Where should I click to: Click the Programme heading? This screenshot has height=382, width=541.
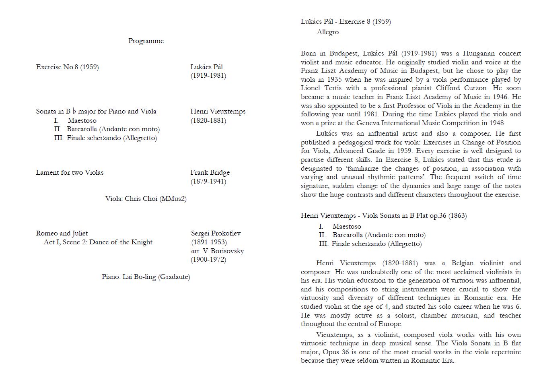pos(146,41)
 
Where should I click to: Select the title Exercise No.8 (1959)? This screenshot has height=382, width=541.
pos(67,67)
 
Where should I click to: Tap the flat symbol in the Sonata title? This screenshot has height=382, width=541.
pos(74,112)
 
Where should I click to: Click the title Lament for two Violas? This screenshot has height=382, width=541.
pos(70,172)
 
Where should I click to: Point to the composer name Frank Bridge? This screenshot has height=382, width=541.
pos(210,172)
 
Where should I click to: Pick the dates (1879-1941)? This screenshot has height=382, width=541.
pos(208,181)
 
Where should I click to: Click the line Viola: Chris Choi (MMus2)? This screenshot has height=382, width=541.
pos(146,198)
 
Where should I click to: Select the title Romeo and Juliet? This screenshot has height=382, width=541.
pos(62,233)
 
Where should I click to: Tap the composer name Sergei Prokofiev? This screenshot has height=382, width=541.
pos(216,233)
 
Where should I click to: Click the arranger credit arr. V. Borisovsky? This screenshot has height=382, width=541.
pos(217,251)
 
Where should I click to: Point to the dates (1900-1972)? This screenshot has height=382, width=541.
pos(208,259)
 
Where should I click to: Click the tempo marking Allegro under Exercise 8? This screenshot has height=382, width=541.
pos(327,32)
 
